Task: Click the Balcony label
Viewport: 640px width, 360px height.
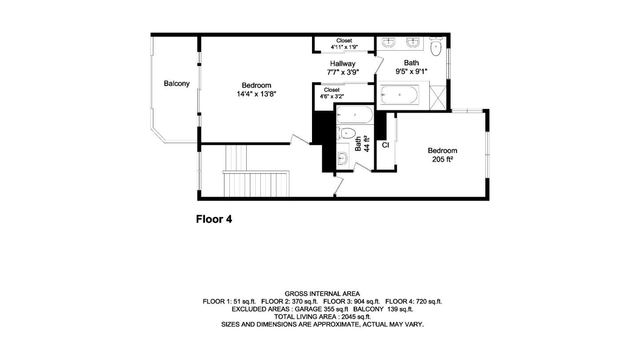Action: click(x=176, y=84)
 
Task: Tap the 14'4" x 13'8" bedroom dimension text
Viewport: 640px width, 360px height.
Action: click(x=256, y=94)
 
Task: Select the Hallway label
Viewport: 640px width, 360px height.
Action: click(x=342, y=64)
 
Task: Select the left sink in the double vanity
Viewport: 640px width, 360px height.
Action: click(x=389, y=43)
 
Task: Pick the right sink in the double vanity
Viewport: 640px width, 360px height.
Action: click(x=413, y=43)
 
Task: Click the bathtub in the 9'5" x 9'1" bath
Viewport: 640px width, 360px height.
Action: click(x=399, y=95)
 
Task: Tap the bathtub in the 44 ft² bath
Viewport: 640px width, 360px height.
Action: click(x=355, y=115)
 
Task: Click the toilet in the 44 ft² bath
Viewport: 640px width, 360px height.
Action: click(x=346, y=133)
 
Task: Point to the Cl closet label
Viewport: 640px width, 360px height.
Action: click(x=385, y=145)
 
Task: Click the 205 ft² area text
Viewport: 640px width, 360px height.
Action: click(x=442, y=159)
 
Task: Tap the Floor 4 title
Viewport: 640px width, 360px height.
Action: click(x=214, y=219)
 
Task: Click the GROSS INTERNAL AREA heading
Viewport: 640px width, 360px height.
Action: click(x=322, y=294)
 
